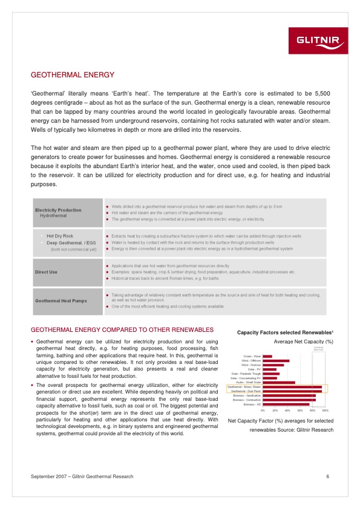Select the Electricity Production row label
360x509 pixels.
(x=58, y=210)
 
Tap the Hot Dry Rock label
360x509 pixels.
(x=60, y=236)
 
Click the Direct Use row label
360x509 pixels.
(x=46, y=272)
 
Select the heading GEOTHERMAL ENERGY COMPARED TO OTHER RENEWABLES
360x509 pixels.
(x=122, y=331)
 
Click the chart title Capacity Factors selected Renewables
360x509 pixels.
(x=285, y=333)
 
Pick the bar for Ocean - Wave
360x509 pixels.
(x=267, y=357)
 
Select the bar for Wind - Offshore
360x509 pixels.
(x=276, y=361)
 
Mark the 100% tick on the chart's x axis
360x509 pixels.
(x=325, y=410)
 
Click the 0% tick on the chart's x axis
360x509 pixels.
(x=263, y=410)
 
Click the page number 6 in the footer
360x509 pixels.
(x=327, y=477)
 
